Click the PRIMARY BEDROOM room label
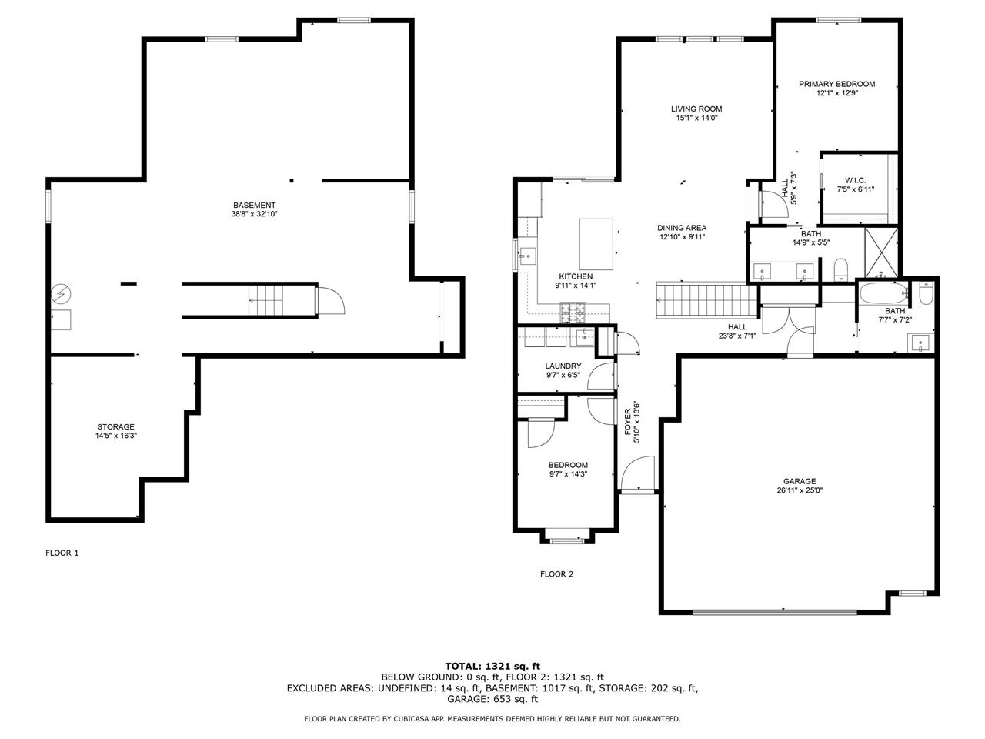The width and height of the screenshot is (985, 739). tap(836, 84)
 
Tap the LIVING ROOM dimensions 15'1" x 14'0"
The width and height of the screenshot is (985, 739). tap(697, 118)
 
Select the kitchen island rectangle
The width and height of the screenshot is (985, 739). tap(596, 244)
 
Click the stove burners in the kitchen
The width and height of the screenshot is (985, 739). tap(573, 313)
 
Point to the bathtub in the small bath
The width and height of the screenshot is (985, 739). tap(884, 293)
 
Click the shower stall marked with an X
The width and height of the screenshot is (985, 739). tap(881, 253)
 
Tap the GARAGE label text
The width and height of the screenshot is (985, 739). tap(800, 481)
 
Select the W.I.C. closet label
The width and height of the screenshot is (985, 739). tap(855, 180)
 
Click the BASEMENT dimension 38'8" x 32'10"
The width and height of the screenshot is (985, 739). tap(254, 214)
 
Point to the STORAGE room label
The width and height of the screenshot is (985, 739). tap(115, 426)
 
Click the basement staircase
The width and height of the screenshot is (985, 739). tap(265, 300)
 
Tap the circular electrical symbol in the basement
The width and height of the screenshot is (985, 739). tap(61, 294)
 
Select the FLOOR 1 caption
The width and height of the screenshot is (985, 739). tap(62, 553)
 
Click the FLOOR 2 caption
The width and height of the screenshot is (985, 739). tap(556, 574)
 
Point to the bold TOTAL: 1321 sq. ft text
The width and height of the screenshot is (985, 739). tap(492, 667)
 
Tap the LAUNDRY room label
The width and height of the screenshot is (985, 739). tap(563, 366)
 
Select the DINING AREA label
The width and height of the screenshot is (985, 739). tap(682, 228)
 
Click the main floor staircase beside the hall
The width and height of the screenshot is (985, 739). tap(706, 300)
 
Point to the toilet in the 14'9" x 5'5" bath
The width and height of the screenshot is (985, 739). tap(840, 269)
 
